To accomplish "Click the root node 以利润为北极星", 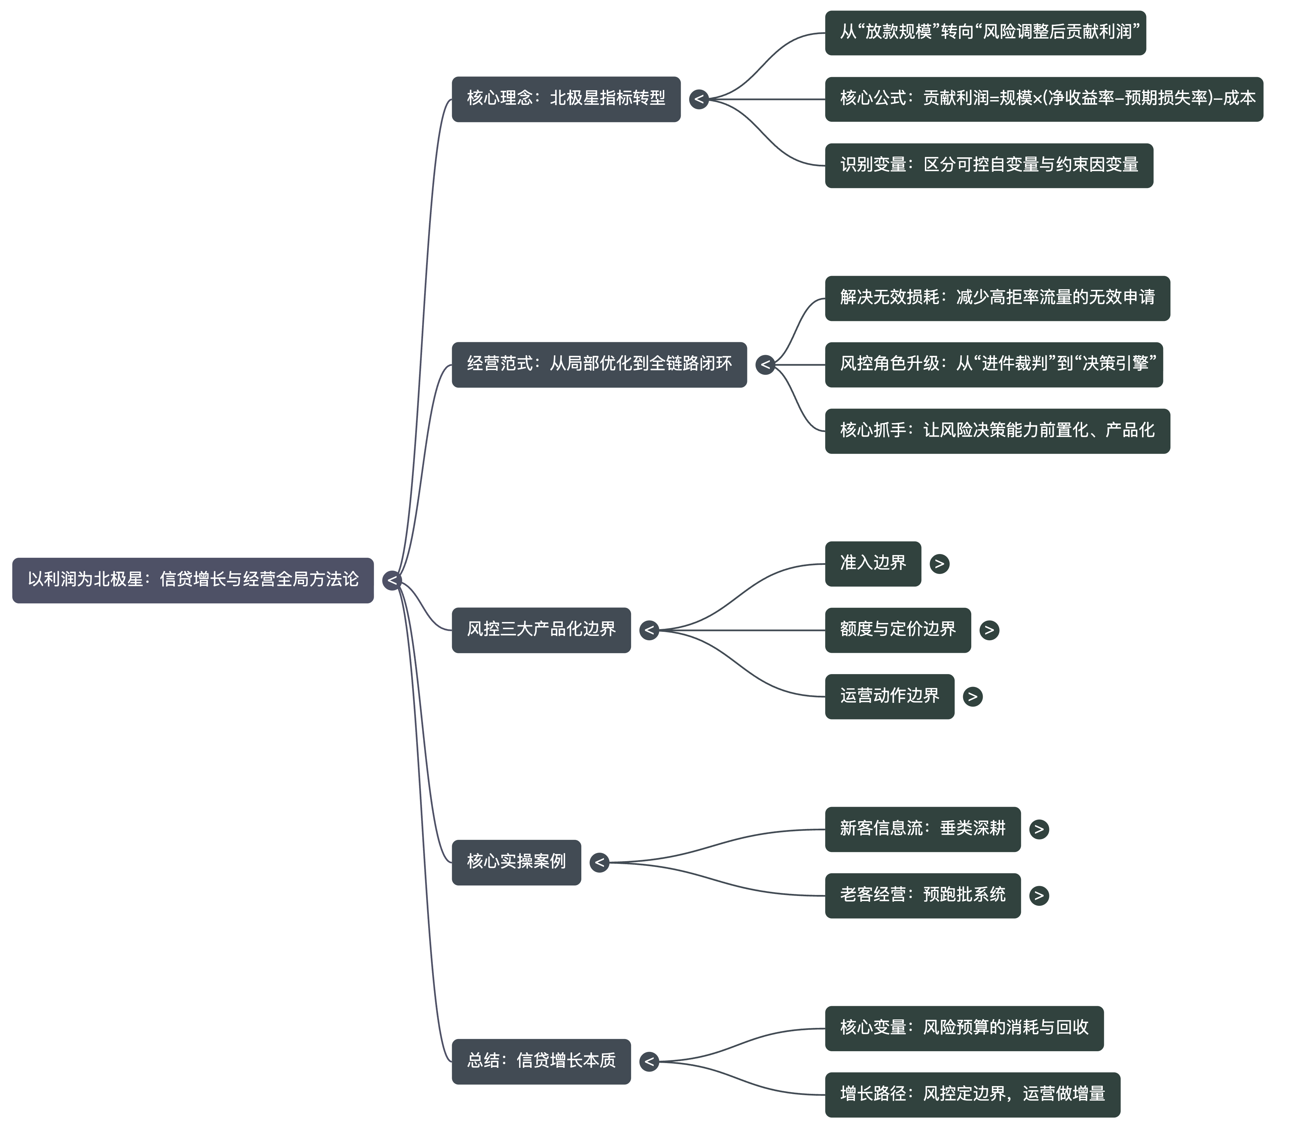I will (192, 580).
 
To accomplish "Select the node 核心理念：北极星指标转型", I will (566, 99).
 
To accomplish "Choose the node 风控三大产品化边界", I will (541, 630).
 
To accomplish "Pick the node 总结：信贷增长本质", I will (541, 1061).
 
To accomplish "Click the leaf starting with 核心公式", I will (1044, 99).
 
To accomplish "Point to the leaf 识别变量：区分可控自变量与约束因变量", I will (989, 165).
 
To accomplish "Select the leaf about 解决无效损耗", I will (997, 298).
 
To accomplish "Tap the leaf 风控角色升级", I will (993, 365).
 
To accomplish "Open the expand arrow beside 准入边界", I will (939, 564).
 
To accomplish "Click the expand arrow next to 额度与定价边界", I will (989, 630).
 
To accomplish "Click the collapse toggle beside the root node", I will (392, 580).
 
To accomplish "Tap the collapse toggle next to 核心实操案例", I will (599, 862).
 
